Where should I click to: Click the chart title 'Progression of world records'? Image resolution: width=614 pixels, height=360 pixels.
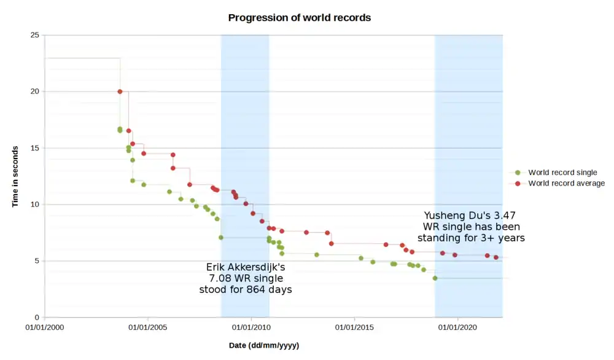tap(299, 18)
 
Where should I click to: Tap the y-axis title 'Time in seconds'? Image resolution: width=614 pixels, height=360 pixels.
tap(15, 176)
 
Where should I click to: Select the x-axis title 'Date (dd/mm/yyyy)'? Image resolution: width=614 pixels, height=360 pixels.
tap(264, 346)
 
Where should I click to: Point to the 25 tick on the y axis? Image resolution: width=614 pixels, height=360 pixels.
tap(35, 35)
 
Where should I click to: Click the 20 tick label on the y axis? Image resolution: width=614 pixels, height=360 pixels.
tap(35, 92)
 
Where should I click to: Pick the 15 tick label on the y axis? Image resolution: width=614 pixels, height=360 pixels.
tap(35, 148)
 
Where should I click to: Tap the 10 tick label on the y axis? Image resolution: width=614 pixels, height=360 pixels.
tap(35, 205)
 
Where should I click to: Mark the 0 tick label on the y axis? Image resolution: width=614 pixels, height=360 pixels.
tap(37, 318)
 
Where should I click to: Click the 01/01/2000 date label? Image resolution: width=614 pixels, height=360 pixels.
tap(45, 328)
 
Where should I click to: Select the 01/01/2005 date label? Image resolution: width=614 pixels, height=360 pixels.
tap(148, 328)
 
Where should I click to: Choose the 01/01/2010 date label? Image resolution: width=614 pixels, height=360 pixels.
tap(251, 328)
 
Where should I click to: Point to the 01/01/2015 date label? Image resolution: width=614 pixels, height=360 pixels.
tap(354, 328)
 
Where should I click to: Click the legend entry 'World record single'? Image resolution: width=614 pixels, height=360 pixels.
tap(562, 173)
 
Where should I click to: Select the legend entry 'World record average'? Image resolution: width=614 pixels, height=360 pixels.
tap(566, 183)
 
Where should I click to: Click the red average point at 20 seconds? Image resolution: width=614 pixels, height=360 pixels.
tap(120, 92)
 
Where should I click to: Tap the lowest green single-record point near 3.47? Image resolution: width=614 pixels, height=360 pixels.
tap(435, 278)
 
